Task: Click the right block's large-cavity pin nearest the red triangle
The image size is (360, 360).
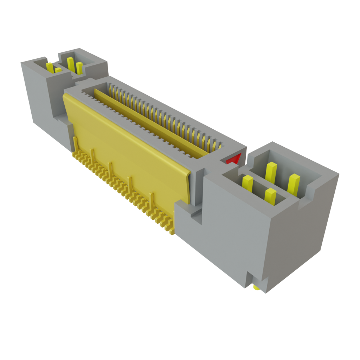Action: (x=271, y=170)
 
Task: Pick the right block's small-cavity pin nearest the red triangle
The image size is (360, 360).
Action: (x=247, y=183)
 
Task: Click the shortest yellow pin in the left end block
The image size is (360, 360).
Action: (x=58, y=70)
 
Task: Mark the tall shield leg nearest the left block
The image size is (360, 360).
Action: (x=75, y=144)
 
